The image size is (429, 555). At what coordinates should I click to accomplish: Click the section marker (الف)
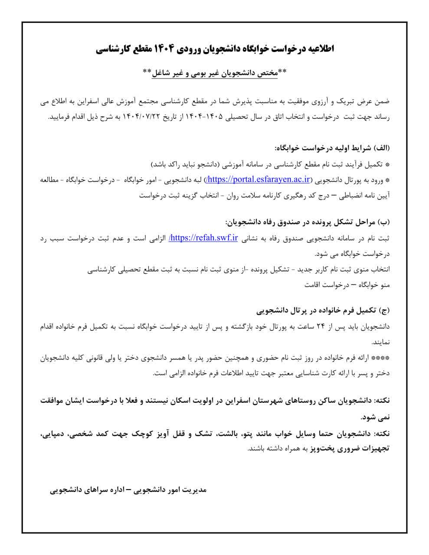(x=382, y=148)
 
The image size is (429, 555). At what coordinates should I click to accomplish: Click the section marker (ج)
(x=385, y=310)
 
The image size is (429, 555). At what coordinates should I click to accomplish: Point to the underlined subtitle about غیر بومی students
(x=215, y=72)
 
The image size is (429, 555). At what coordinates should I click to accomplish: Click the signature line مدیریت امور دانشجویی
(x=174, y=490)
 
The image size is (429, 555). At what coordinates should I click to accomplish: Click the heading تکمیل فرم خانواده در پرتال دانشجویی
(x=317, y=310)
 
